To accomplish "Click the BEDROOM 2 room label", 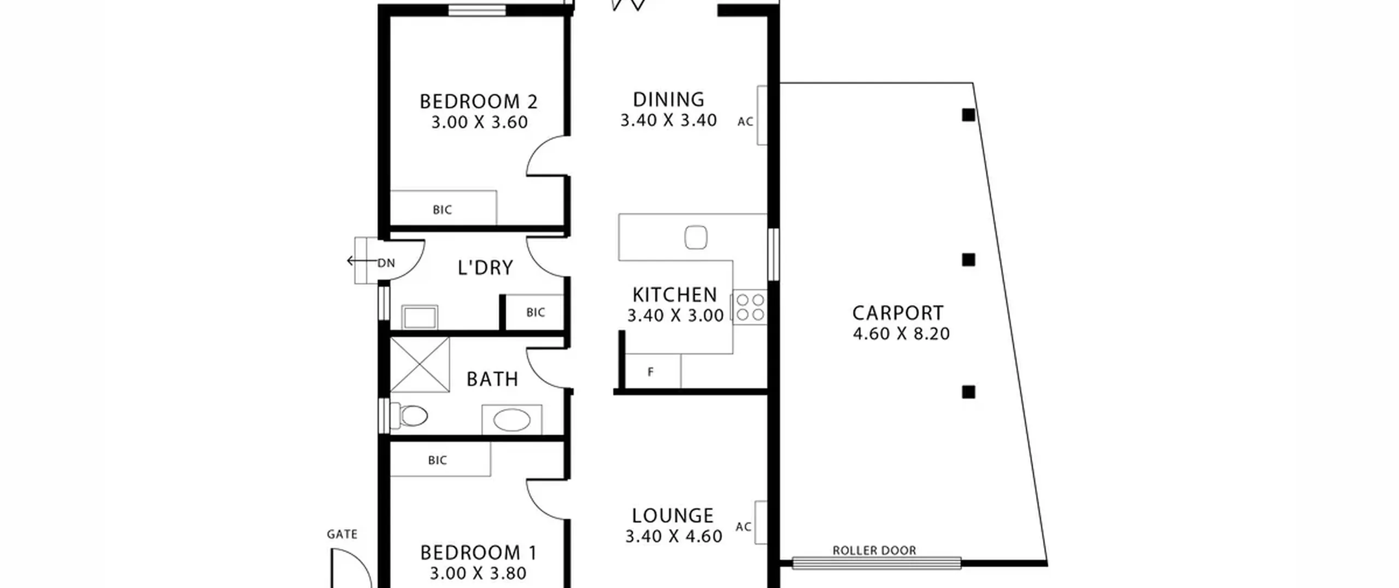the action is click(x=479, y=102).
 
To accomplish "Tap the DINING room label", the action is click(x=668, y=100).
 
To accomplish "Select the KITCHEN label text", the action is click(x=674, y=295).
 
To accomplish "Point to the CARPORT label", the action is click(x=898, y=313).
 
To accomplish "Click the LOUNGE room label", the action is click(x=673, y=516).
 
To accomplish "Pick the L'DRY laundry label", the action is click(x=485, y=267).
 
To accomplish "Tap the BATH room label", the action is click(x=492, y=379).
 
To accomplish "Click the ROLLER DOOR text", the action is click(x=874, y=551).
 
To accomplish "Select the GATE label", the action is click(x=342, y=534).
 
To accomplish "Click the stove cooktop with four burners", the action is click(x=750, y=307).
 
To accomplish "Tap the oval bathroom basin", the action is click(x=512, y=420).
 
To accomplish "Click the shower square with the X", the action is click(x=420, y=365).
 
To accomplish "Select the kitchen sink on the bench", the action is click(x=696, y=237).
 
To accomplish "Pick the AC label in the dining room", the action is click(x=745, y=122).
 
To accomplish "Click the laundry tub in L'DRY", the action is click(x=420, y=317).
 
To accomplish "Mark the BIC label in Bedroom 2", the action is click(x=442, y=210).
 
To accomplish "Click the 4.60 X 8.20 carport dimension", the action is click(x=901, y=334).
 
